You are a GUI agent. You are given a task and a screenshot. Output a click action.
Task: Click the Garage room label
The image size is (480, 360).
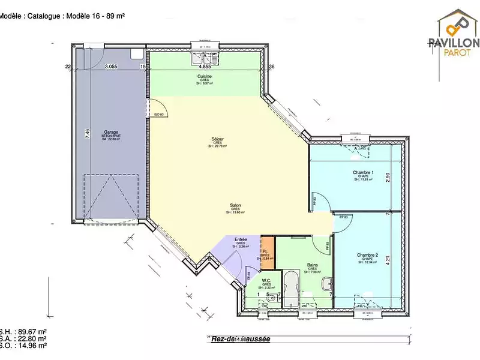tap(111, 131)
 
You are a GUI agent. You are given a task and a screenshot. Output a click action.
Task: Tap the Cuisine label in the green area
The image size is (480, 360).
tap(204, 77)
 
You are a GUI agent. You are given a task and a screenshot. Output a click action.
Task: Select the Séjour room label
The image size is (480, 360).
tap(218, 139)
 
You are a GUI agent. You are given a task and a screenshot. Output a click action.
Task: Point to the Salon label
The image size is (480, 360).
tap(235, 205)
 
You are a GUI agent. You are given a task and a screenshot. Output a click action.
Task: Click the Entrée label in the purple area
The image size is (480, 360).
tap(241, 239)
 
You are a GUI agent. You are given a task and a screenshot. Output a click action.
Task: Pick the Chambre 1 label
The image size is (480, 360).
tap(363, 172)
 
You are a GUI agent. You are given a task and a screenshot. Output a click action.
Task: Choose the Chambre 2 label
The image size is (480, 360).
tap(366, 254)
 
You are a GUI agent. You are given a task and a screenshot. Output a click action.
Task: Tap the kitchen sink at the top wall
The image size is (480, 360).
tap(203, 58)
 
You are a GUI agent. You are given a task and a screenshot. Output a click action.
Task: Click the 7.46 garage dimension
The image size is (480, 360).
tap(88, 134)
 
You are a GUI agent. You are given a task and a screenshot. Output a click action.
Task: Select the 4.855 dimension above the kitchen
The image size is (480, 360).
tap(205, 67)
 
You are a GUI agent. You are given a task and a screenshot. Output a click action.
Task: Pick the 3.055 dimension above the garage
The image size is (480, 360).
tap(111, 67)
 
